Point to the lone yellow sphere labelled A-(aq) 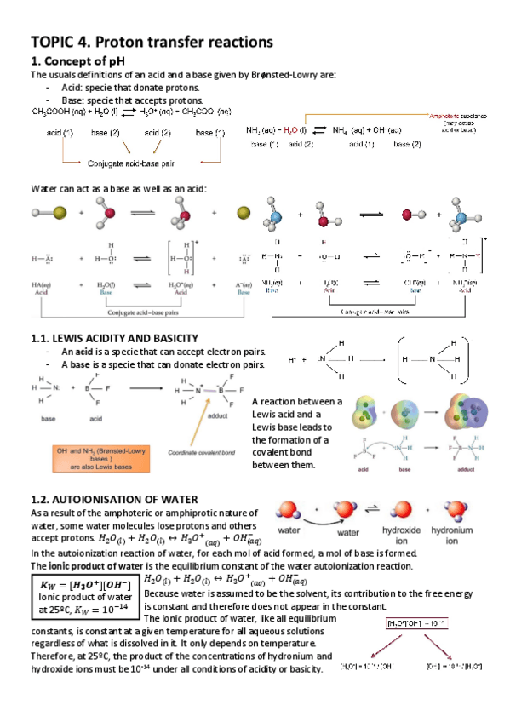click(x=243, y=214)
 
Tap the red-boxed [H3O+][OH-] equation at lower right click(x=413, y=624)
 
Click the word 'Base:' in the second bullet click(x=74, y=100)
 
